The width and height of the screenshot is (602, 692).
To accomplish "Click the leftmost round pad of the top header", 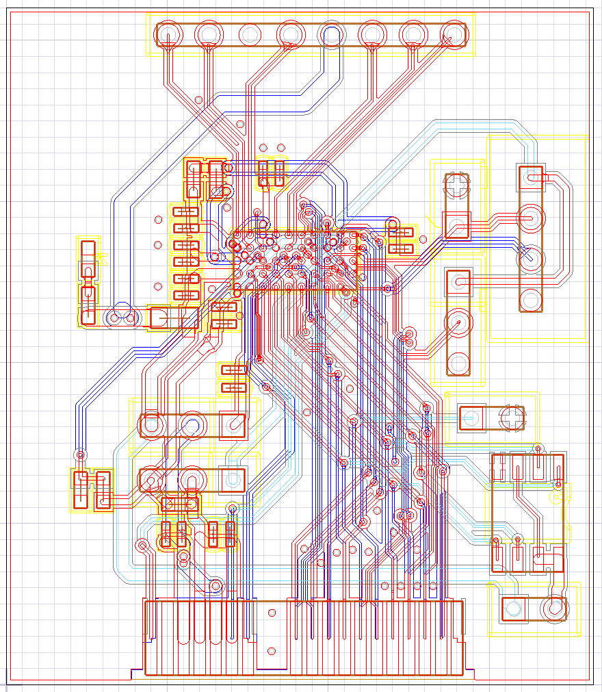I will (x=168, y=34).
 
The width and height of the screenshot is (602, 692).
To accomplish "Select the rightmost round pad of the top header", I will (x=452, y=34).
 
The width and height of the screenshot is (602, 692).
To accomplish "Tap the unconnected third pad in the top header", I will (x=250, y=34).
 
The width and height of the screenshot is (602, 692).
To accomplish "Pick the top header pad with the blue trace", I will (x=332, y=34).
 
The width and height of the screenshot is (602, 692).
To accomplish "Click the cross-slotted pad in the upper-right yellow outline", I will (x=457, y=183).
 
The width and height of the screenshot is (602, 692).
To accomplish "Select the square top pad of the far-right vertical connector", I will (x=530, y=178).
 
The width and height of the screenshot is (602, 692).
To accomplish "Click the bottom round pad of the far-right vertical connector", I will (x=530, y=298).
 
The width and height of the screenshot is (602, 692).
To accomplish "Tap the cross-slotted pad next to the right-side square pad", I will (x=511, y=418).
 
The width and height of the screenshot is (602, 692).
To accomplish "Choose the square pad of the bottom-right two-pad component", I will (x=513, y=607).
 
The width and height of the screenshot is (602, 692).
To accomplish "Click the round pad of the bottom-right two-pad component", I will (x=553, y=607).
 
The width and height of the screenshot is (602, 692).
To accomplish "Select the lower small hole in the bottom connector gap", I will (x=272, y=651).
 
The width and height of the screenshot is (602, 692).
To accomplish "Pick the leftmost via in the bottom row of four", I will (x=384, y=586).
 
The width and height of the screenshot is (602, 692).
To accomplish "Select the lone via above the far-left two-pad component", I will (x=81, y=454).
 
